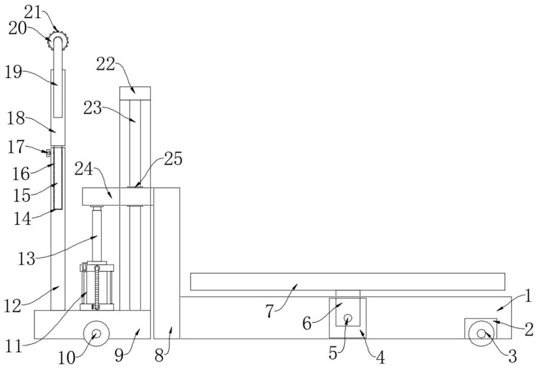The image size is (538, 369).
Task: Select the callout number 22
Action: click(x=105, y=64)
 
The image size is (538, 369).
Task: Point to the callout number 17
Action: click(x=16, y=146)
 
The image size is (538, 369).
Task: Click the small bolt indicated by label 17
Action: click(x=48, y=152)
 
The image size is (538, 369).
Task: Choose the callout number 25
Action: click(x=173, y=159)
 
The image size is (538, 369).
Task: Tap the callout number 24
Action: click(x=84, y=169)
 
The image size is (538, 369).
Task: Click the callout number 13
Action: click(x=26, y=259)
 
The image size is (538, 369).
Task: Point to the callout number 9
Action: click(x=119, y=356)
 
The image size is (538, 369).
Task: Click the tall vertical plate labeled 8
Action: click(x=167, y=263)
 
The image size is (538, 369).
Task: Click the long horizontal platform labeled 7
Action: click(x=348, y=281)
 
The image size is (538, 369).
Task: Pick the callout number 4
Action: click(x=380, y=358)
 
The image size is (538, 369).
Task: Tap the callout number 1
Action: click(x=529, y=296)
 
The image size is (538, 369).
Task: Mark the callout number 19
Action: click(x=13, y=73)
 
